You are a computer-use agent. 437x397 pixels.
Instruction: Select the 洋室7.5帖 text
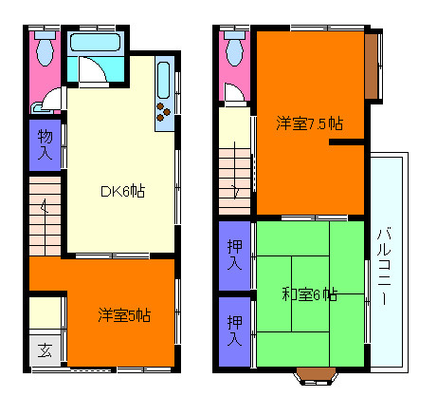[309, 123]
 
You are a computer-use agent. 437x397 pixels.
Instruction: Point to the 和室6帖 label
[309, 294]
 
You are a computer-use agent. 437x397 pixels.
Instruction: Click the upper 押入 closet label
[234, 254]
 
